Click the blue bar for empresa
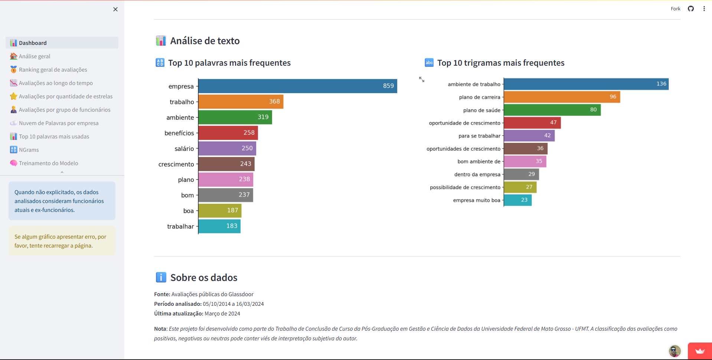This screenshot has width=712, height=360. (x=297, y=86)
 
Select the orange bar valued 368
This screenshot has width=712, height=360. (x=241, y=102)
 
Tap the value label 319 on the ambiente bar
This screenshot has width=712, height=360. (x=263, y=117)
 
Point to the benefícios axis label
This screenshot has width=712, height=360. (x=179, y=133)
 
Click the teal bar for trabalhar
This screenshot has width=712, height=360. (x=219, y=226)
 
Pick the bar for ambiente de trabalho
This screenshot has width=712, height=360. (x=586, y=84)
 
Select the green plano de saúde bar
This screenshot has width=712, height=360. (x=552, y=110)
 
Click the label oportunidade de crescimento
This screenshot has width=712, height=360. (x=464, y=123)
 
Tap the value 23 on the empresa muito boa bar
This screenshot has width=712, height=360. (x=524, y=200)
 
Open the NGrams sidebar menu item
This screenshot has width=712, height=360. (x=29, y=150)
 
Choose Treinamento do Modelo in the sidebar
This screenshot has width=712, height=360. (x=48, y=163)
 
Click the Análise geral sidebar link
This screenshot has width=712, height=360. (x=35, y=56)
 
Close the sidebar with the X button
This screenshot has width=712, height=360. (x=115, y=9)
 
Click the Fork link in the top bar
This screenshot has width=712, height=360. (x=675, y=9)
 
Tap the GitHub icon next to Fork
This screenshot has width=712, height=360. (x=691, y=9)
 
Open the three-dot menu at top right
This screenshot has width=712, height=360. (x=704, y=9)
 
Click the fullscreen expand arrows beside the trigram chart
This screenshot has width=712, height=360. (x=422, y=79)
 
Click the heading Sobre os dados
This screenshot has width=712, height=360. (x=204, y=278)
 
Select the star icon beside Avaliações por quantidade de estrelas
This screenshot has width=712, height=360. (x=14, y=96)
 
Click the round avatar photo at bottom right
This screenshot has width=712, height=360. (x=675, y=351)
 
